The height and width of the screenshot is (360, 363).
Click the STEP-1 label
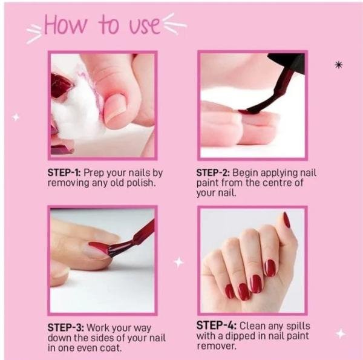[x=64, y=172]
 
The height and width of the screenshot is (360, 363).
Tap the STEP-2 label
[x=213, y=172]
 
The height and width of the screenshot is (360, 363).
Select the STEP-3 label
[x=66, y=327]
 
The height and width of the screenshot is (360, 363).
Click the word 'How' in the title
[x=65, y=25]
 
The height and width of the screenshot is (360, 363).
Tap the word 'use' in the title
[x=145, y=26]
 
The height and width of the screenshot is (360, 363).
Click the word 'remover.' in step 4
[x=217, y=346]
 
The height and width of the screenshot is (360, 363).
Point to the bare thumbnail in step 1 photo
[x=115, y=108]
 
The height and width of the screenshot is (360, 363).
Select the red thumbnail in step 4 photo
[x=287, y=220]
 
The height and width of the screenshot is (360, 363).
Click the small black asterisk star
[x=338, y=65]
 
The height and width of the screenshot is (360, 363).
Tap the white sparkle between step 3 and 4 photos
[x=178, y=263]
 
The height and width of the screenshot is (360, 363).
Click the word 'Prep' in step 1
[x=94, y=173]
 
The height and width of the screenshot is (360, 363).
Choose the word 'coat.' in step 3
[x=111, y=348]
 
